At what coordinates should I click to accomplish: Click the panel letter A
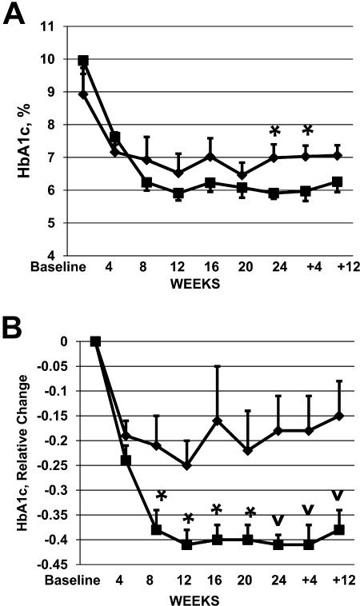pos(16,15)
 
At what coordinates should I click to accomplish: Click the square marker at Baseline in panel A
pos(82,61)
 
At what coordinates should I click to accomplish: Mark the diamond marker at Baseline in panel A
pos(82,94)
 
